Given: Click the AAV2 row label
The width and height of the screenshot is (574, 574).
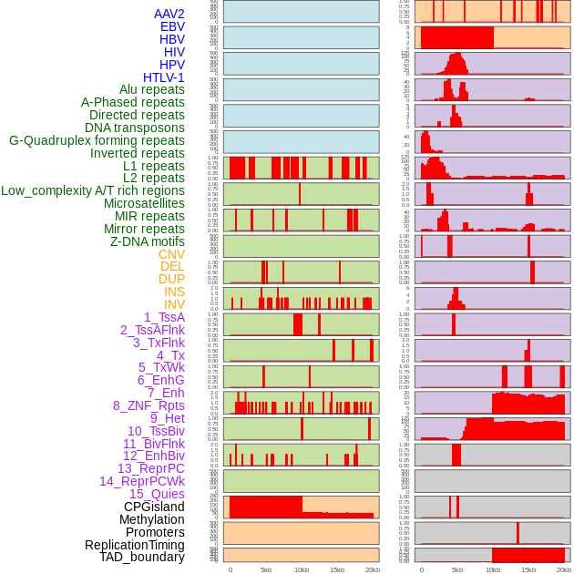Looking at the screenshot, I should pos(169,14).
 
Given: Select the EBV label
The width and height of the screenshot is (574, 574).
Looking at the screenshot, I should pos(172,26).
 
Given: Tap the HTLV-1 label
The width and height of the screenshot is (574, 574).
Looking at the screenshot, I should pos(164,77).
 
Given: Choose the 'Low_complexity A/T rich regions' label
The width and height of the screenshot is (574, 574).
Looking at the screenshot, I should pos(93,190).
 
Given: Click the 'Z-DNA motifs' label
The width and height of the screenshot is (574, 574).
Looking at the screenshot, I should pos(148,241).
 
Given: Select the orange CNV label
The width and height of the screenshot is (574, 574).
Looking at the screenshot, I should pos(171,254).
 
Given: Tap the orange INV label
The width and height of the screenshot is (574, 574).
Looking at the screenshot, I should pos(174,304).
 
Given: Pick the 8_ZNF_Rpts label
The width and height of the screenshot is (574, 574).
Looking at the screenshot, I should pos(149,405).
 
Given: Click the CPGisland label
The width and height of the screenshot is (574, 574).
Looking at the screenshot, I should pos(154,507).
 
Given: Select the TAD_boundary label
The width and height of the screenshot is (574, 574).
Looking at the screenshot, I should pos(142,557).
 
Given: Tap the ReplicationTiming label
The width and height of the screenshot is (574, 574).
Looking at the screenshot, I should pos(135,545).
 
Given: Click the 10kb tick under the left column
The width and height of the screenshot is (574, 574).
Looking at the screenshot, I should pos(301,569).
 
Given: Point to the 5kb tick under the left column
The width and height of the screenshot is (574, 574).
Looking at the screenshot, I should pos(266,569).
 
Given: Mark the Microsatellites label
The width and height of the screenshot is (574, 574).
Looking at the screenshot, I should pos(144,203).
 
